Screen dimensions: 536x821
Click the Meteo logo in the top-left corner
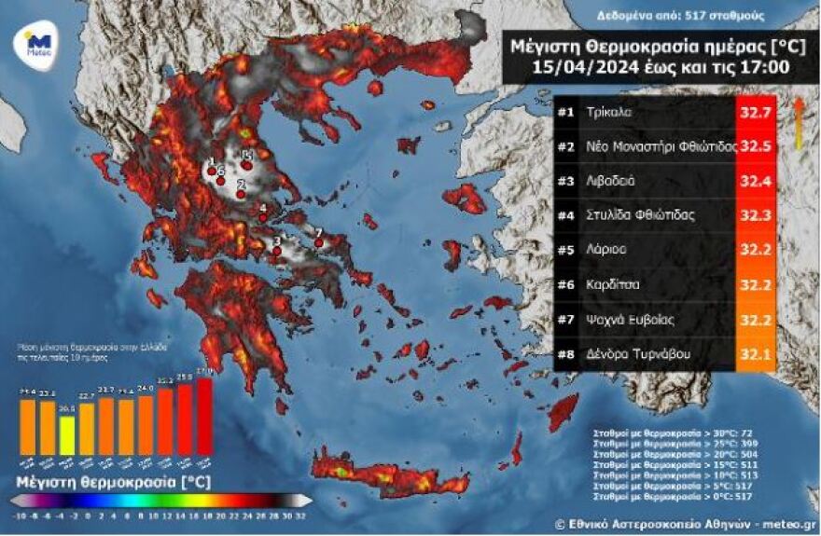click(38, 44)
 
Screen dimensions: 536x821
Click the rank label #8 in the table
click(565, 354)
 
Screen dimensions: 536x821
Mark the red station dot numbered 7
click(318, 242)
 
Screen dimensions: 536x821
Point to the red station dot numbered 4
click(262, 216)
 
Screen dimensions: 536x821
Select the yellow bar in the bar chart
click(67, 434)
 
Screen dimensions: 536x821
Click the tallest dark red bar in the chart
click(204, 416)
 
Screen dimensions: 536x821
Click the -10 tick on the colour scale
click(20, 515)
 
